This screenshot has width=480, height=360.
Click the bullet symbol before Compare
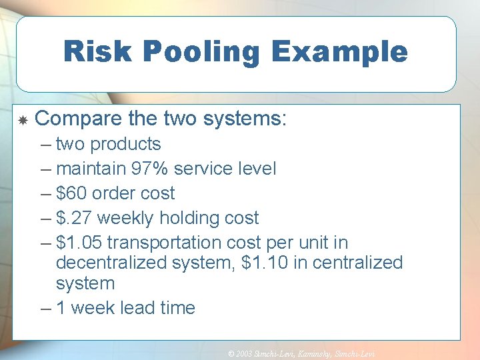click(x=23, y=121)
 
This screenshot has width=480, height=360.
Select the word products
click(x=126, y=144)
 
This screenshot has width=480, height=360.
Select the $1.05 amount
click(x=79, y=243)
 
